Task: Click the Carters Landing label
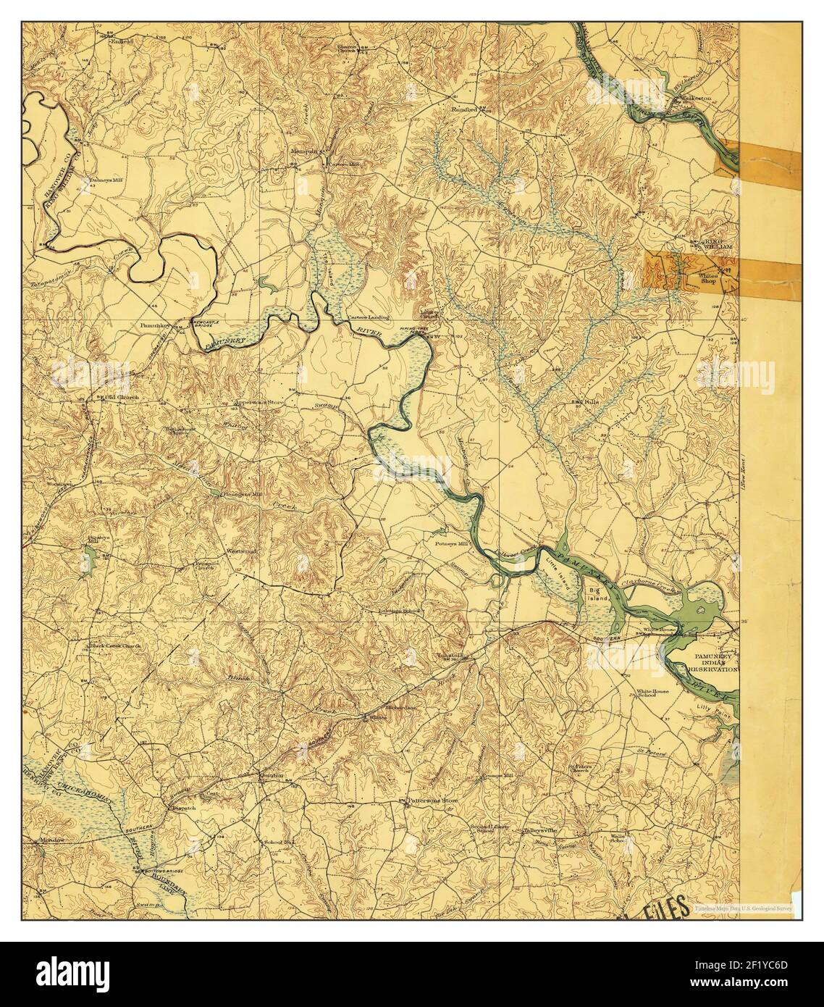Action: [368, 317]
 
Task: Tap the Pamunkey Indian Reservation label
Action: [713, 661]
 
